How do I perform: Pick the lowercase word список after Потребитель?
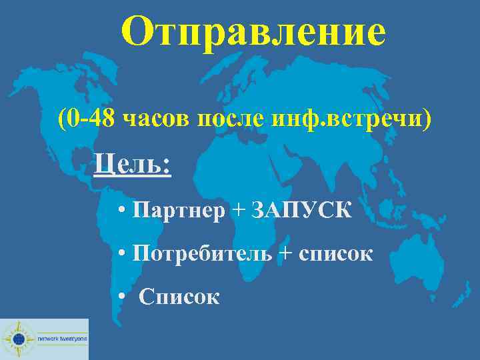click(x=336, y=253)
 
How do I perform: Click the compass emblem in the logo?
click(x=17, y=339)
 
